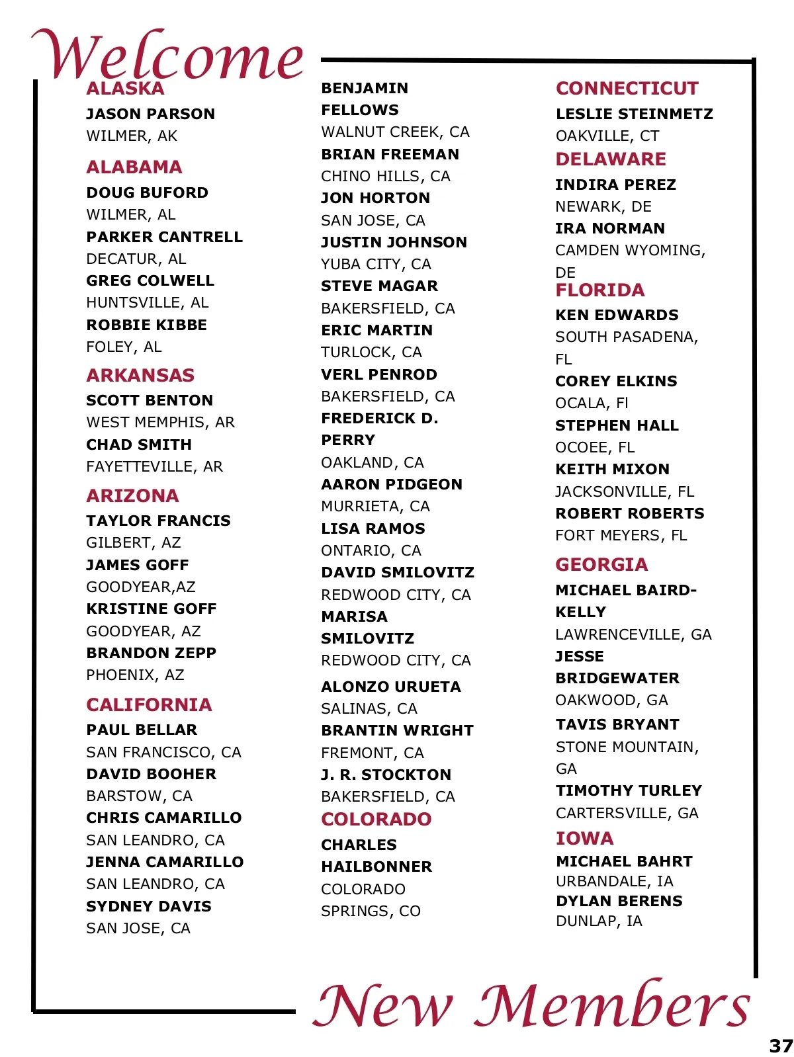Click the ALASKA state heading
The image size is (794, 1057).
[x=125, y=89]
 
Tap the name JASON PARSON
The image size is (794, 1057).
[x=150, y=114]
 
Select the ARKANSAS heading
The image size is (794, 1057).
[x=140, y=375]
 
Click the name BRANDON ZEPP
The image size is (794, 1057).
[x=151, y=653]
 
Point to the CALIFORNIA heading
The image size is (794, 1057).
[x=149, y=704]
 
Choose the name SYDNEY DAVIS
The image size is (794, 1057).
[x=149, y=906]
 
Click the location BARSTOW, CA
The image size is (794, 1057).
[x=139, y=796]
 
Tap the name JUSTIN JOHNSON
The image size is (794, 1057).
[x=394, y=242]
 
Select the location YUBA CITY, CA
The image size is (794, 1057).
[x=376, y=265]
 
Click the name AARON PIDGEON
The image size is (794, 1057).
[x=392, y=484]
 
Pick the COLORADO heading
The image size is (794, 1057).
[x=376, y=819]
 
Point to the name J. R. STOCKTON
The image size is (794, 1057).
[x=386, y=775]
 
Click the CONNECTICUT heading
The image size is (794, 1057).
[x=627, y=88]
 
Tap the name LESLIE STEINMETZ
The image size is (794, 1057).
[x=634, y=114]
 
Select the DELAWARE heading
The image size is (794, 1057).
[x=611, y=159]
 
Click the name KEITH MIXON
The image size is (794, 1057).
[x=612, y=469]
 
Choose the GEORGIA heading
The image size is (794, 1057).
[x=601, y=564]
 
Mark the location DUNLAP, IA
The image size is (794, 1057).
[x=599, y=921]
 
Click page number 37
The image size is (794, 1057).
[x=781, y=1046]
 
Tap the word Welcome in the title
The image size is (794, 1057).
[x=167, y=54]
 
